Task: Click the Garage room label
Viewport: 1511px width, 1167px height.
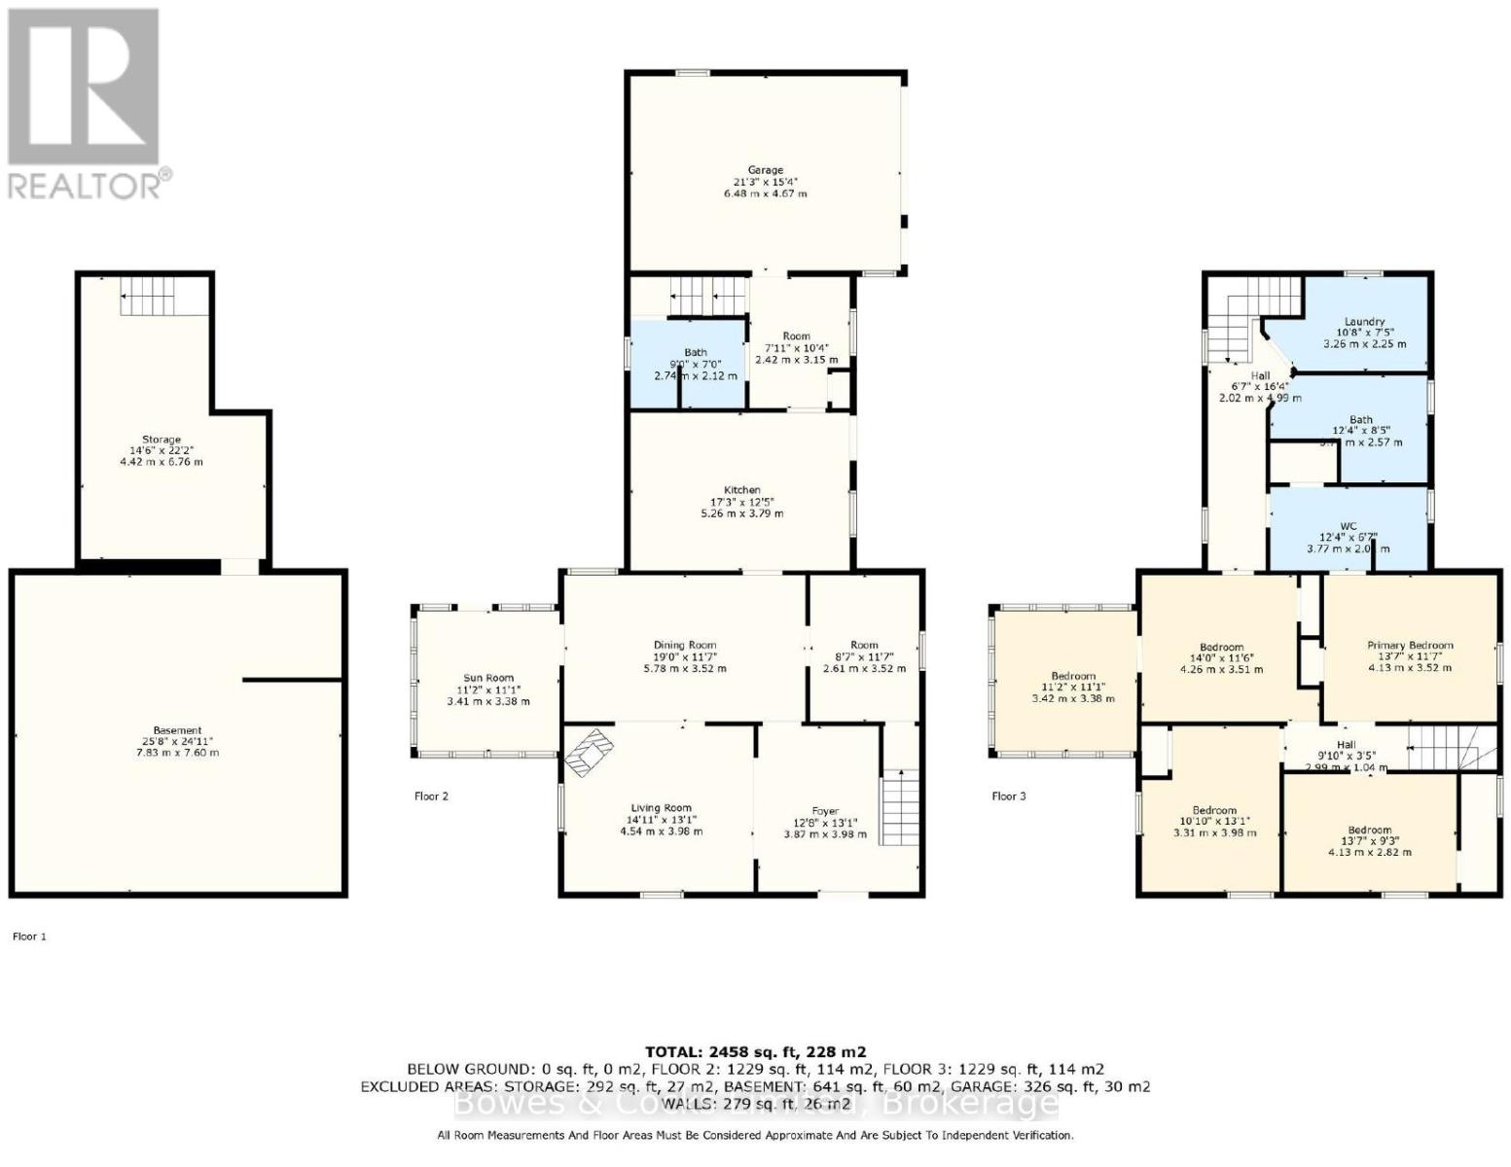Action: (765, 170)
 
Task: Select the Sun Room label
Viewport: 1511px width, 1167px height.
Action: (487, 678)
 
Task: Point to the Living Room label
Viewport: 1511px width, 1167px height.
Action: (661, 808)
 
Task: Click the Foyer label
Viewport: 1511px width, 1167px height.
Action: (825, 811)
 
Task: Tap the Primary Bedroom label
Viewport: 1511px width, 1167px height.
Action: (1410, 645)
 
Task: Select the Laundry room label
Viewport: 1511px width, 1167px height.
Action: (1364, 322)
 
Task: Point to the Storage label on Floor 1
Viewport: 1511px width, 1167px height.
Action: (161, 440)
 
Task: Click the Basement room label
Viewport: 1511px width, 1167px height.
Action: (177, 730)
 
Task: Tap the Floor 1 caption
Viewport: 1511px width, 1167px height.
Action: (29, 937)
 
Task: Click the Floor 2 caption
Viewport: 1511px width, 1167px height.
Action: (431, 796)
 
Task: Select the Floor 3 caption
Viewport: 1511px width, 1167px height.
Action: (1008, 796)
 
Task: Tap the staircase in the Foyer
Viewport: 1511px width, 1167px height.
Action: (900, 807)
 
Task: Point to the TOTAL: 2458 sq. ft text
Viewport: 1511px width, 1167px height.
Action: (755, 1051)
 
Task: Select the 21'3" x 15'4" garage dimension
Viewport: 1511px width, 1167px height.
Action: (765, 182)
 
